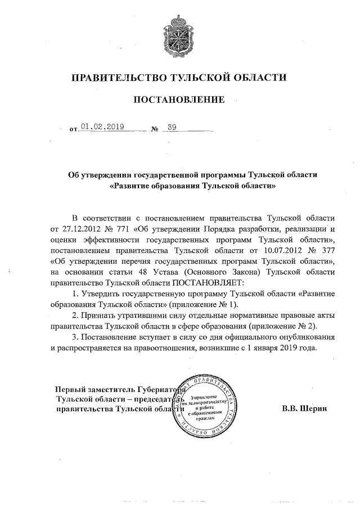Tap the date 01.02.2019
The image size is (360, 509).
[102, 127]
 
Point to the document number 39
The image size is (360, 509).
[172, 127]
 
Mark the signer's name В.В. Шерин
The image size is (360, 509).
[304, 408]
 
